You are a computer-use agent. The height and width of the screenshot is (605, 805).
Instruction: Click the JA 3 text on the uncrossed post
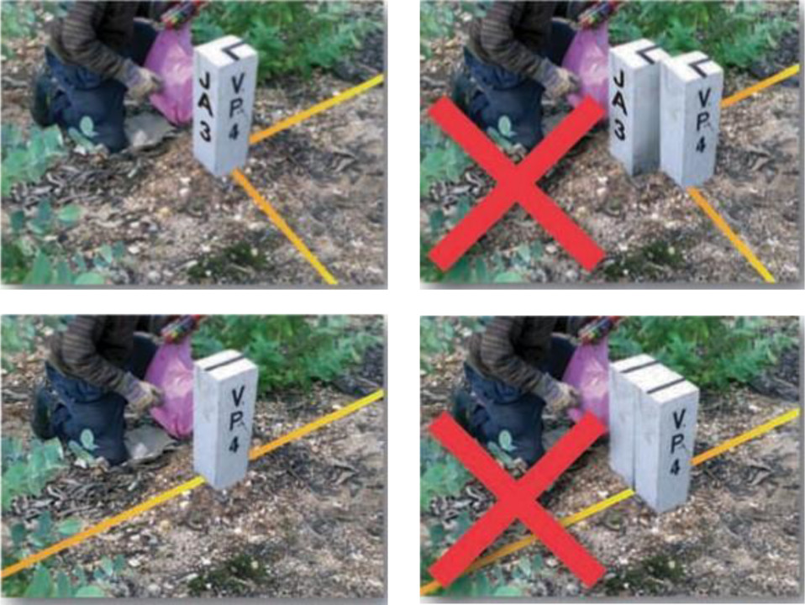(x=205, y=107)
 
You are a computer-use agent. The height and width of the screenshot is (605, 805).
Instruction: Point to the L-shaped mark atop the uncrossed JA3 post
(x=234, y=49)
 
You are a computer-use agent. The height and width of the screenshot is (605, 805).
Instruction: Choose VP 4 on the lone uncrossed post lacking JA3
(x=237, y=418)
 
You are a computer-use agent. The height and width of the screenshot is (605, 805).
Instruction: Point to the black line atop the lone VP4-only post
(x=226, y=361)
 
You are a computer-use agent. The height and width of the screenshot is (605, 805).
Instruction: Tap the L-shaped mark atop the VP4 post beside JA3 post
(x=699, y=66)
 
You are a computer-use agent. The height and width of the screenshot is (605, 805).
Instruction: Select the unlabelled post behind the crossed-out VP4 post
(x=624, y=421)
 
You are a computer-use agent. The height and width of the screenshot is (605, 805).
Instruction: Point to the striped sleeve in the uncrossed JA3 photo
(x=95, y=39)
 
